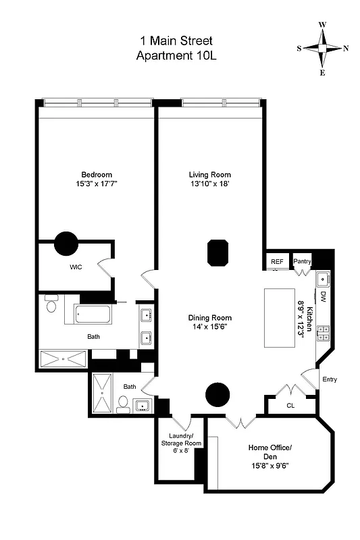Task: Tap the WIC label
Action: coord(76,267)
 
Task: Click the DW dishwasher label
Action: coord(323,296)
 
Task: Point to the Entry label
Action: coord(329,379)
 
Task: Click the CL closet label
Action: coord(290,406)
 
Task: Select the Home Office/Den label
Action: coord(269,452)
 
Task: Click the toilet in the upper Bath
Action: coord(51,306)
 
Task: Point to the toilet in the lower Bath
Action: coord(123,404)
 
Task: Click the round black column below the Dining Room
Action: coord(218,393)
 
